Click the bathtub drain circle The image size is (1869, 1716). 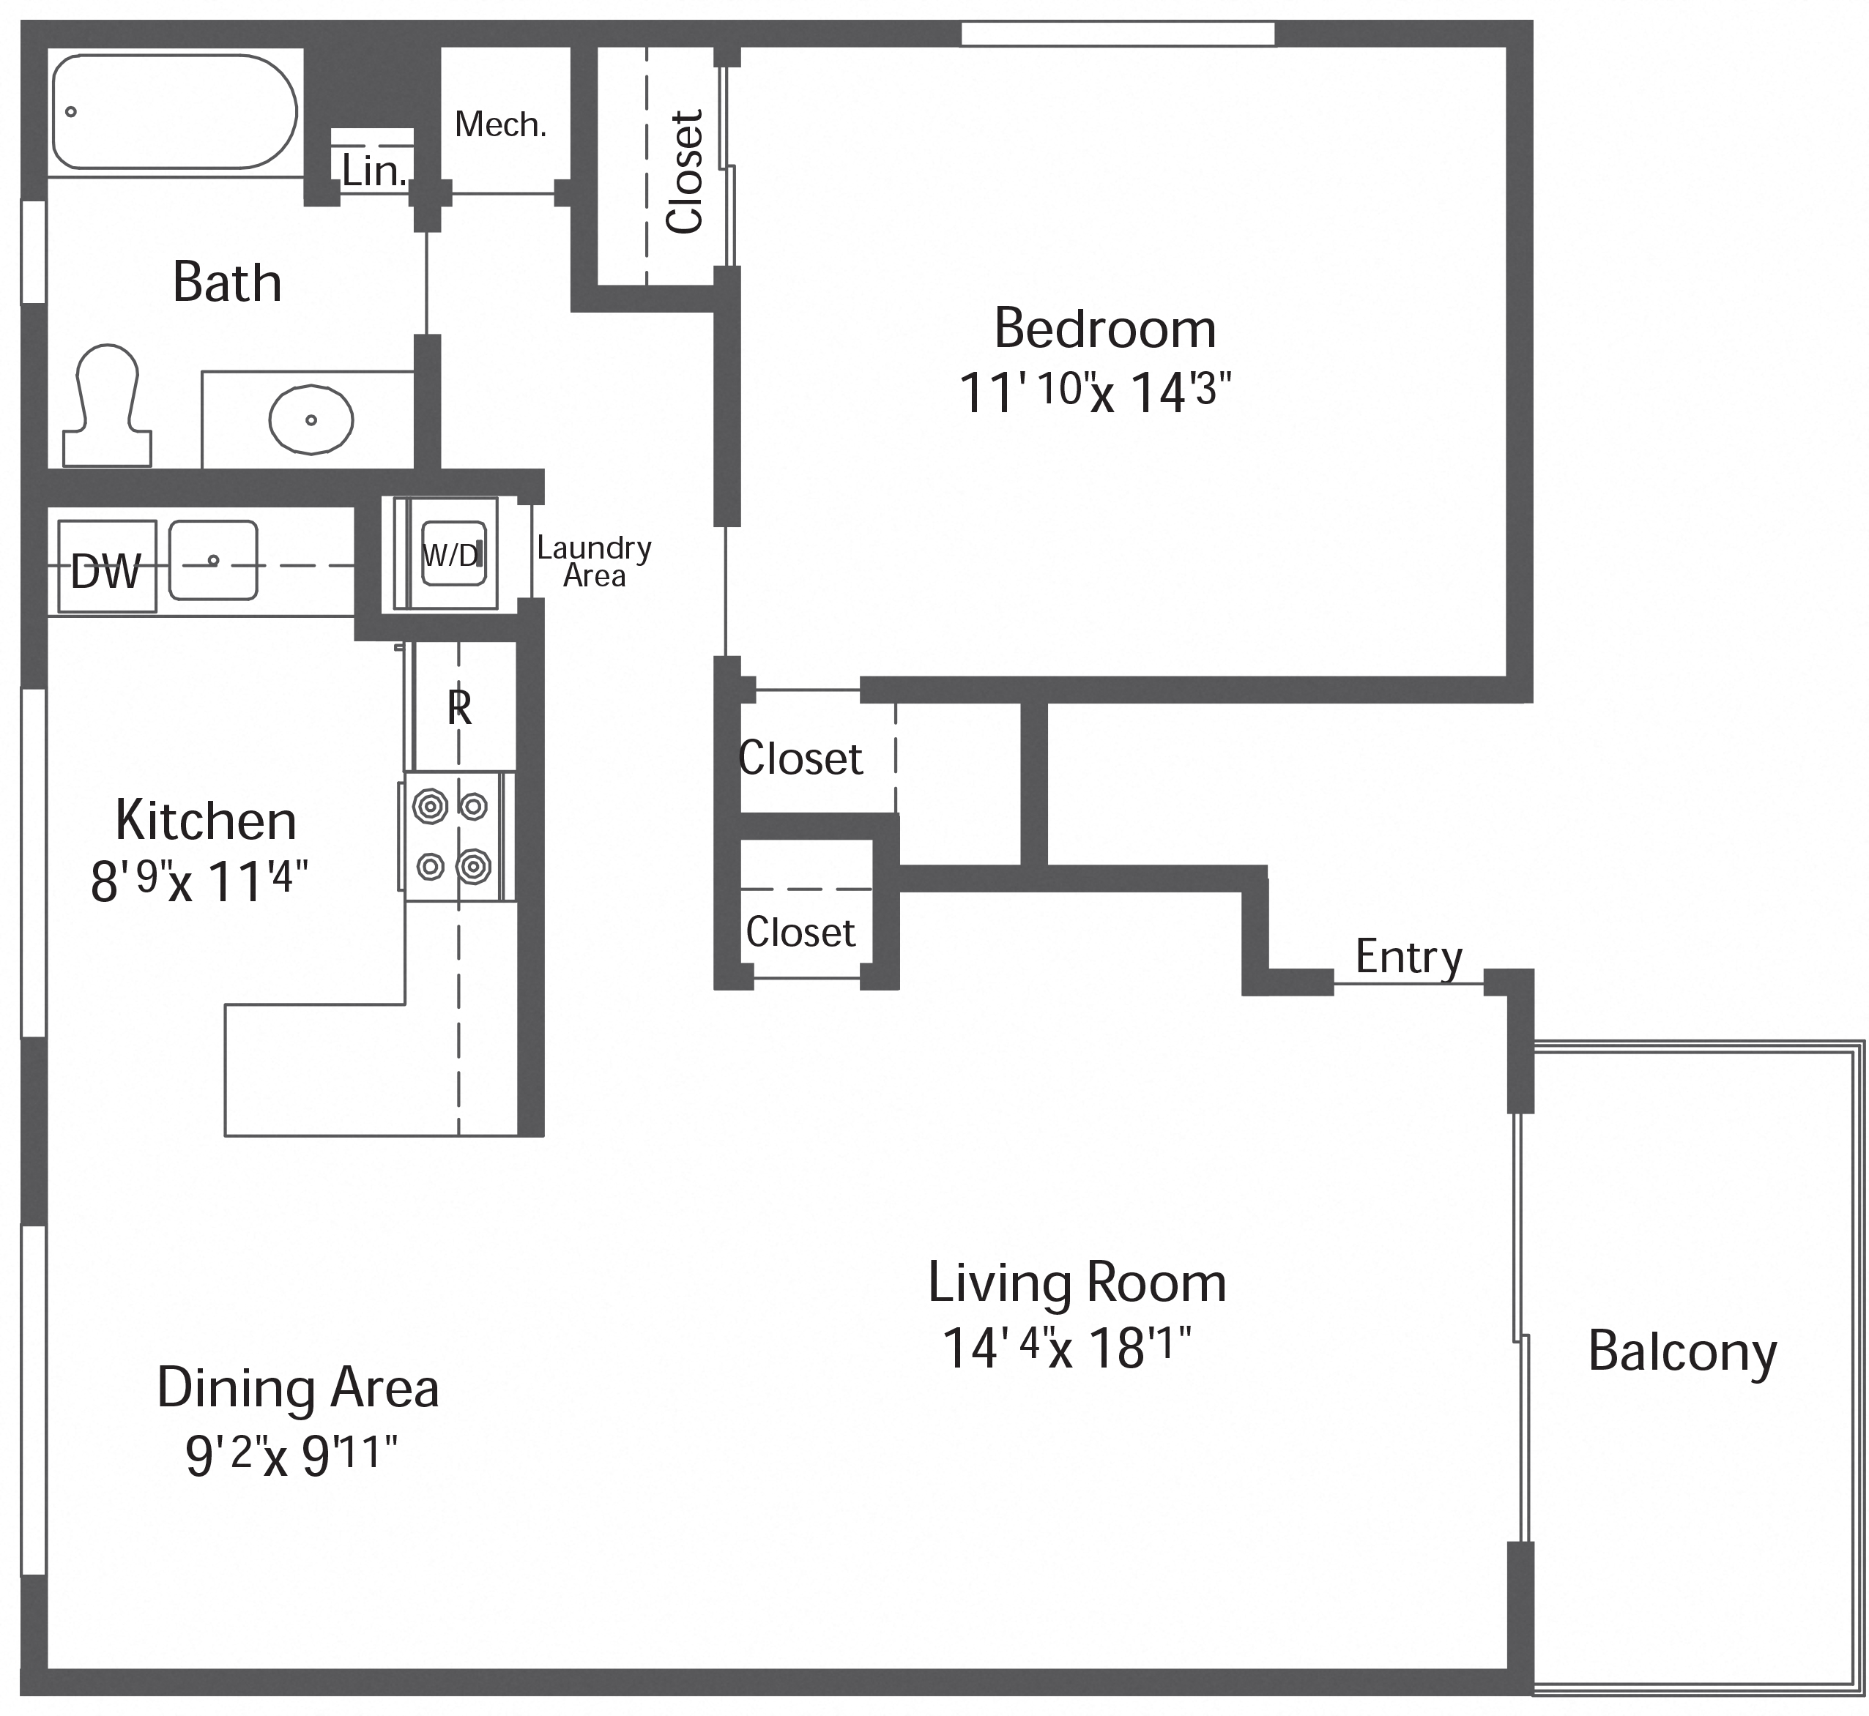[x=70, y=112]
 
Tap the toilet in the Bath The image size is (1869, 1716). [x=107, y=409]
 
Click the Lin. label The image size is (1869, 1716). [x=374, y=171]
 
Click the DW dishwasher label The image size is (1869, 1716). [x=106, y=572]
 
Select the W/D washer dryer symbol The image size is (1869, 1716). [x=453, y=554]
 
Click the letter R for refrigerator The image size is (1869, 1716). [x=459, y=709]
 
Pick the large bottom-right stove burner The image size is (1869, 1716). [x=474, y=865]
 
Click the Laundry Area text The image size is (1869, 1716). [x=594, y=562]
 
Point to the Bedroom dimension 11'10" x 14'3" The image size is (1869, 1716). [x=1094, y=391]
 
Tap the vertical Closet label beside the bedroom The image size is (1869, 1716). [x=685, y=172]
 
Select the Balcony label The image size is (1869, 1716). [x=1682, y=1351]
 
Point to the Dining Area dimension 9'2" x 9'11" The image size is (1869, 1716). [x=291, y=1454]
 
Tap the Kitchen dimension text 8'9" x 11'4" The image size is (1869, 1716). [x=198, y=879]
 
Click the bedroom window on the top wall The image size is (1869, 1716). [x=1118, y=34]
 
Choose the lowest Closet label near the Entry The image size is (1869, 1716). [x=800, y=932]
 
